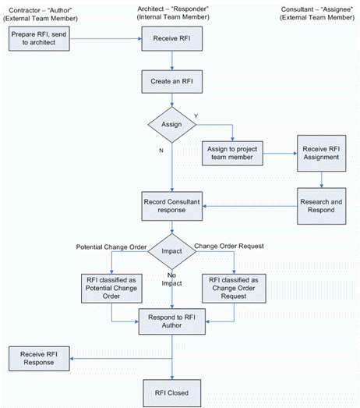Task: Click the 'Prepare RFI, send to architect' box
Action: [x=39, y=38]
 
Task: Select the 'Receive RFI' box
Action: [x=171, y=38]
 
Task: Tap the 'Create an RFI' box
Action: [x=171, y=81]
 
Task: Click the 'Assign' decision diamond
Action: [x=171, y=125]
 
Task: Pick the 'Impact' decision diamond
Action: [x=171, y=251]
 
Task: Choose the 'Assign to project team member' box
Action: [x=232, y=153]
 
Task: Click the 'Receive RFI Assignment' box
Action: [x=322, y=153]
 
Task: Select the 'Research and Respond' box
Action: [x=322, y=206]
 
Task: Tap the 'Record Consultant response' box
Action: [x=171, y=206]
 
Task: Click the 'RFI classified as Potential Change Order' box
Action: [x=111, y=289]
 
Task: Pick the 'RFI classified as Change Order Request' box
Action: [x=234, y=289]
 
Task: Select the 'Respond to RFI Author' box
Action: [x=171, y=321]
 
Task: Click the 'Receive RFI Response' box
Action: [x=39, y=358]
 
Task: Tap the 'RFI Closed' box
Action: [x=171, y=393]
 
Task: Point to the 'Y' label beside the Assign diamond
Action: [x=196, y=116]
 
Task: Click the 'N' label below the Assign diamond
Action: [x=161, y=151]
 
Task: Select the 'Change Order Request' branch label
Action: [x=229, y=246]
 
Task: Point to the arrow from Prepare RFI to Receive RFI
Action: [x=105, y=39]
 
